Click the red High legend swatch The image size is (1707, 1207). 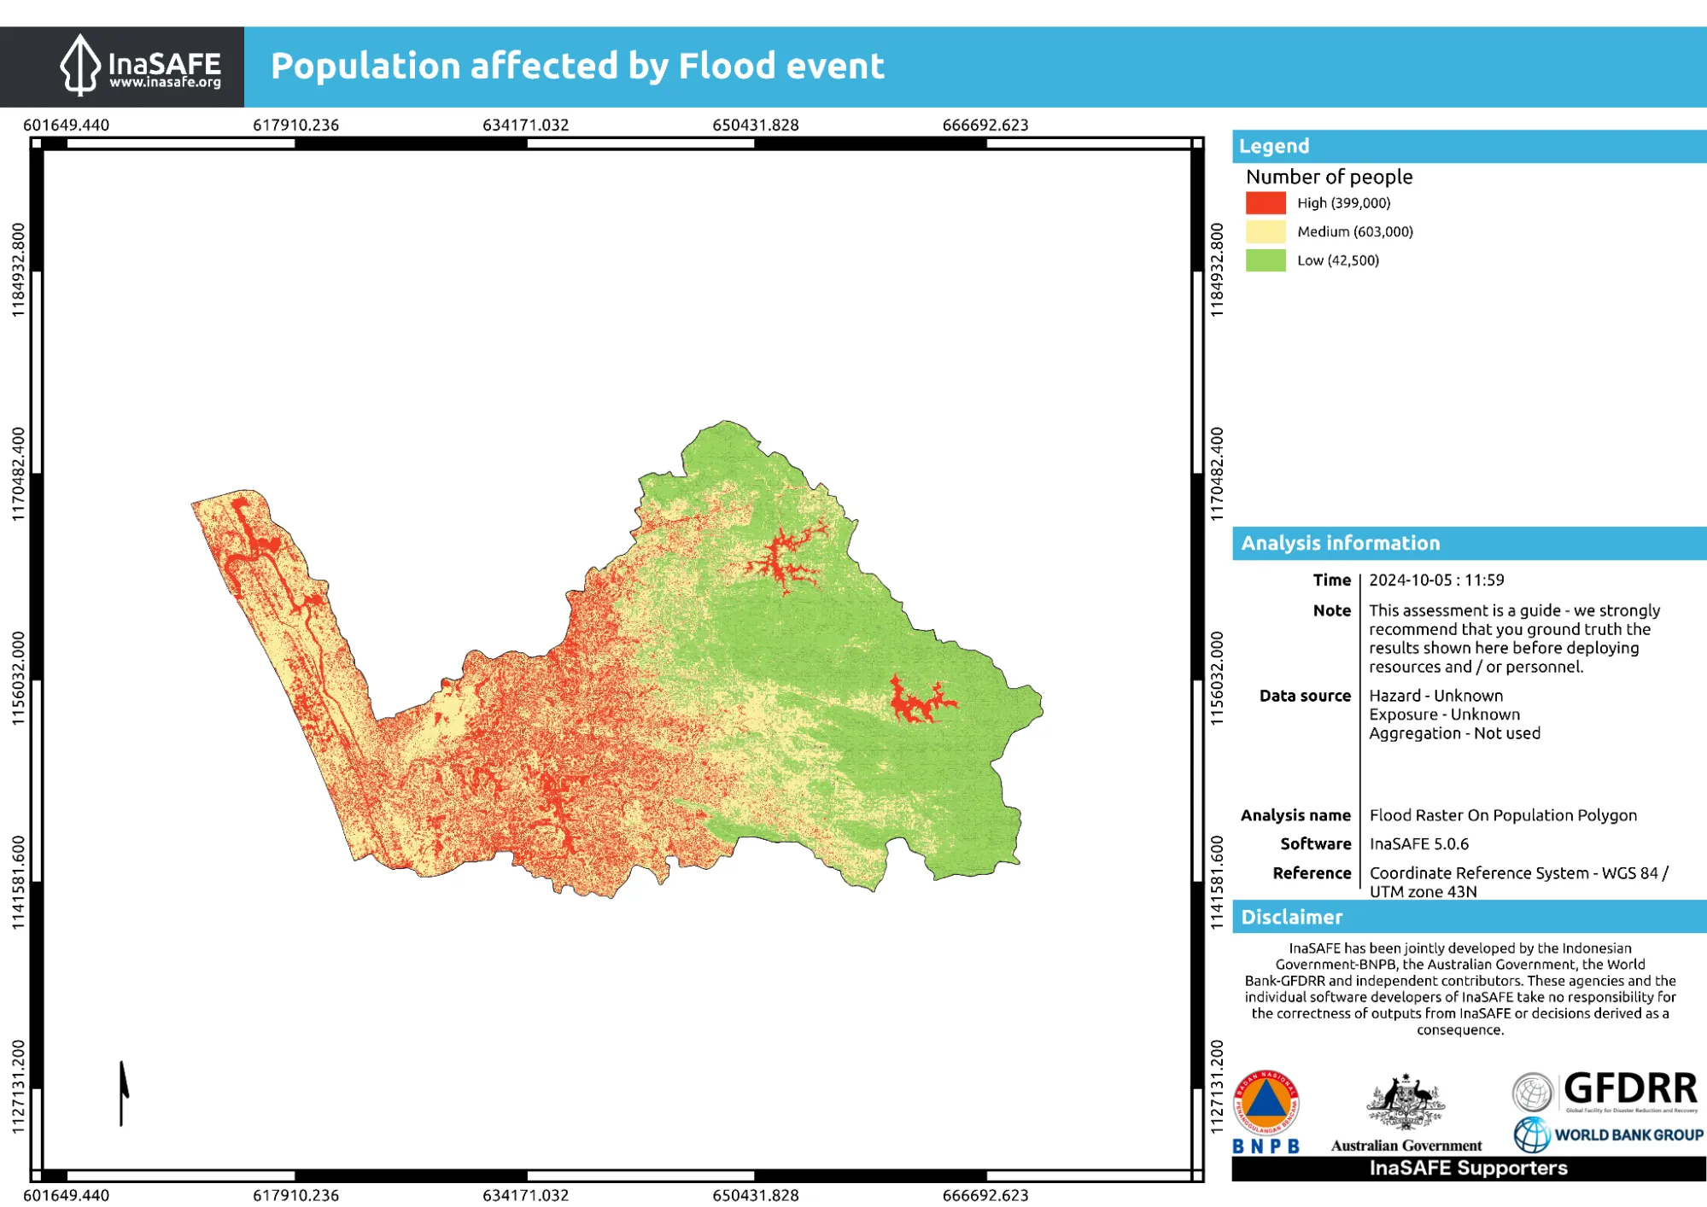[x=1265, y=203]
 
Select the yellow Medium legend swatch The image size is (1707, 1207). [x=1265, y=231]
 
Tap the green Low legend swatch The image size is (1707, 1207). [x=1265, y=260]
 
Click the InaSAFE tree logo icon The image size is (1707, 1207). [x=79, y=65]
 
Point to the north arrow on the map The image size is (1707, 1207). [x=123, y=1093]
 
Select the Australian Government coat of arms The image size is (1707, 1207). [x=1405, y=1104]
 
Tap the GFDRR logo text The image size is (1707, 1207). [x=1629, y=1089]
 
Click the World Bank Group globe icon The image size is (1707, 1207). [x=1532, y=1134]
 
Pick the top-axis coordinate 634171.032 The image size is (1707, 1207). [x=525, y=125]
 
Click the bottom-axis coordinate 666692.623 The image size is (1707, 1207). [x=985, y=1195]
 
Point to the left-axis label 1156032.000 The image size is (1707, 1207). [x=19, y=679]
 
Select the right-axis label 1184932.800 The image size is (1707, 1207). [x=1217, y=270]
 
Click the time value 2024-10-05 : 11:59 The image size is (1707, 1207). [x=1436, y=580]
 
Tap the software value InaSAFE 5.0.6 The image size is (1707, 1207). [x=1418, y=844]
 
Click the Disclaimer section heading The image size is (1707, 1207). [x=1291, y=918]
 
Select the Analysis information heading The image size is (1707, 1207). [x=1340, y=544]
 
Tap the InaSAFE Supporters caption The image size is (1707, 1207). [x=1468, y=1169]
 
